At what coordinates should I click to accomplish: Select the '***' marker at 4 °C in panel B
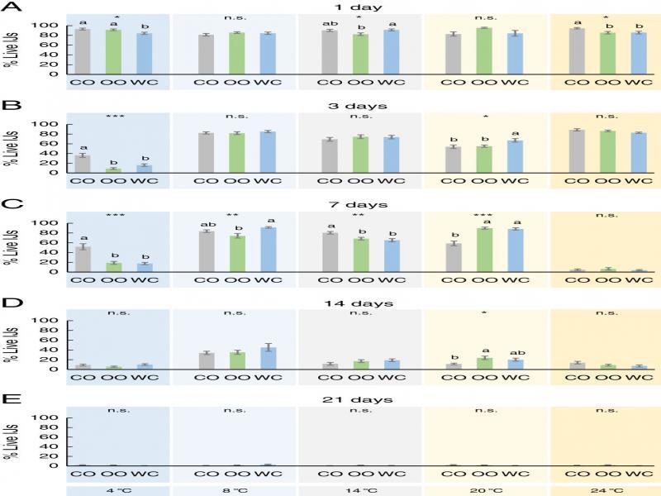[107, 117]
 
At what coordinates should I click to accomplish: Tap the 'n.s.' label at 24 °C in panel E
[606, 410]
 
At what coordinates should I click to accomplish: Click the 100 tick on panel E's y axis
[49, 418]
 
